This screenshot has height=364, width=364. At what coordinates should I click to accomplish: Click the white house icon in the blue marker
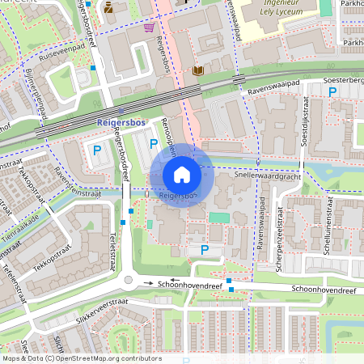click(181, 174)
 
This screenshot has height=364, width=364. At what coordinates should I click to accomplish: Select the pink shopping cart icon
click(150, 27)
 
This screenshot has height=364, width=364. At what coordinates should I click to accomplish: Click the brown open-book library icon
click(197, 71)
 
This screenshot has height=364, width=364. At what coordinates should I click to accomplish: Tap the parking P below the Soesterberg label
click(332, 93)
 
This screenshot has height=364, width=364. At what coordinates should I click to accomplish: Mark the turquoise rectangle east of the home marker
click(219, 217)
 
